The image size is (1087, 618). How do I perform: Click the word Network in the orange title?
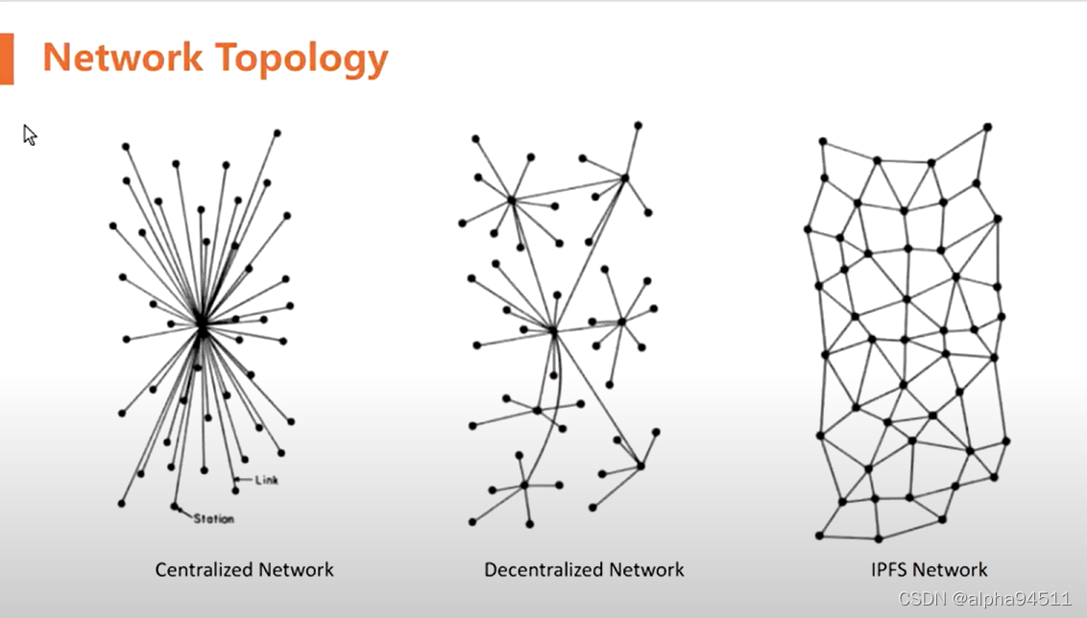121,58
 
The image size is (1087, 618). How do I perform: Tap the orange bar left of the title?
7,58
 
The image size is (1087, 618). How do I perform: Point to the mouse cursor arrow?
29,134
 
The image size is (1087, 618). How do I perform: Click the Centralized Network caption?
244,570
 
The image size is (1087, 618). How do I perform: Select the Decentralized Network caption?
584,570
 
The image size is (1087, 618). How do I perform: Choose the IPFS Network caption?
929,570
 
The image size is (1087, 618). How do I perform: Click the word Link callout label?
267,480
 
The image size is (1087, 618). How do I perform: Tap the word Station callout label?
213,519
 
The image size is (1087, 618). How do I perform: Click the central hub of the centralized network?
202,326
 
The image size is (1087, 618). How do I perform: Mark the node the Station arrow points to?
174,506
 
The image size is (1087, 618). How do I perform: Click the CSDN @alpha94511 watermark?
984,599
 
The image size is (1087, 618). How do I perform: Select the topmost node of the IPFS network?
987,127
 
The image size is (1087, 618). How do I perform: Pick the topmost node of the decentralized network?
638,125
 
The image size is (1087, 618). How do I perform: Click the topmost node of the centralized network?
277,132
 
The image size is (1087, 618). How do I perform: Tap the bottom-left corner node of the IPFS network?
819,535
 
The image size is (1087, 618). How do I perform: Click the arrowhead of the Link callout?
237,479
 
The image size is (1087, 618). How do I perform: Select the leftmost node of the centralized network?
112,226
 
